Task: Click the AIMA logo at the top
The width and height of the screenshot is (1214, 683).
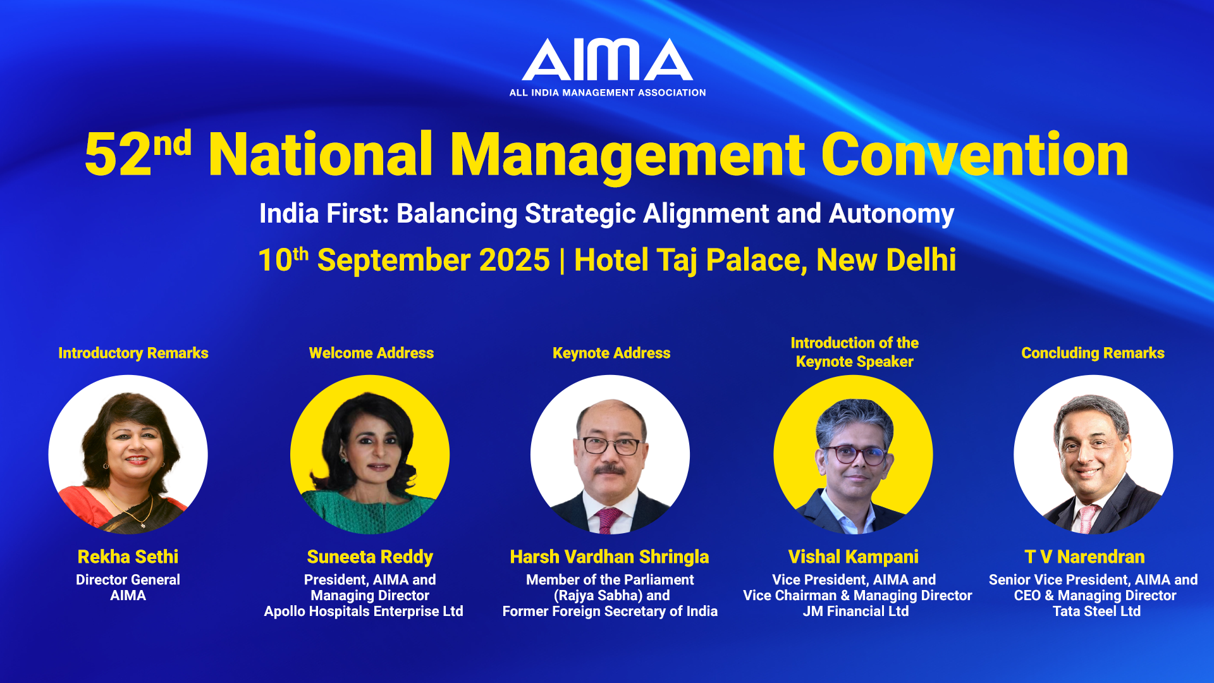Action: (x=608, y=67)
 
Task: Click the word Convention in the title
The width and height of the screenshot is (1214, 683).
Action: (x=974, y=154)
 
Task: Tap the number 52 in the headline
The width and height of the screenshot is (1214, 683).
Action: (x=118, y=155)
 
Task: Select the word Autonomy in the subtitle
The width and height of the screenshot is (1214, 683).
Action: (x=892, y=214)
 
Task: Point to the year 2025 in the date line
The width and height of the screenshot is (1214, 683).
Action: (x=515, y=261)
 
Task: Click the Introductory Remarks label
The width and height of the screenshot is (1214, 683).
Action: (x=133, y=353)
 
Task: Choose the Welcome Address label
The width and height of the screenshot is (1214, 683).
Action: (x=371, y=353)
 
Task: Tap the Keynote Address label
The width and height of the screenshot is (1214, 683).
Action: (x=611, y=353)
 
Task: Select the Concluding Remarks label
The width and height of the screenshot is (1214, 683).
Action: (x=1093, y=353)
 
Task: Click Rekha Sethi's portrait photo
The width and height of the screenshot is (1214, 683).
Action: (x=128, y=455)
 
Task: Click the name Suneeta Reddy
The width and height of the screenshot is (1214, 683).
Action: (x=370, y=557)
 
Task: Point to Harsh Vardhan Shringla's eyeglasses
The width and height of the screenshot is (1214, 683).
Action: (x=611, y=445)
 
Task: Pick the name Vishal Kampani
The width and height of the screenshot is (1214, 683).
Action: (x=854, y=557)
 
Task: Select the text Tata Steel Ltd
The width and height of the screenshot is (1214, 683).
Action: (x=1096, y=612)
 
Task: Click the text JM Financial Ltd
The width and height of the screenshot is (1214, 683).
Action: (x=855, y=612)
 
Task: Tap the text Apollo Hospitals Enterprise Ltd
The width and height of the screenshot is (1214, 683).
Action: (x=364, y=612)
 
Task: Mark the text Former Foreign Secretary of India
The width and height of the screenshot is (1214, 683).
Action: (x=610, y=612)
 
